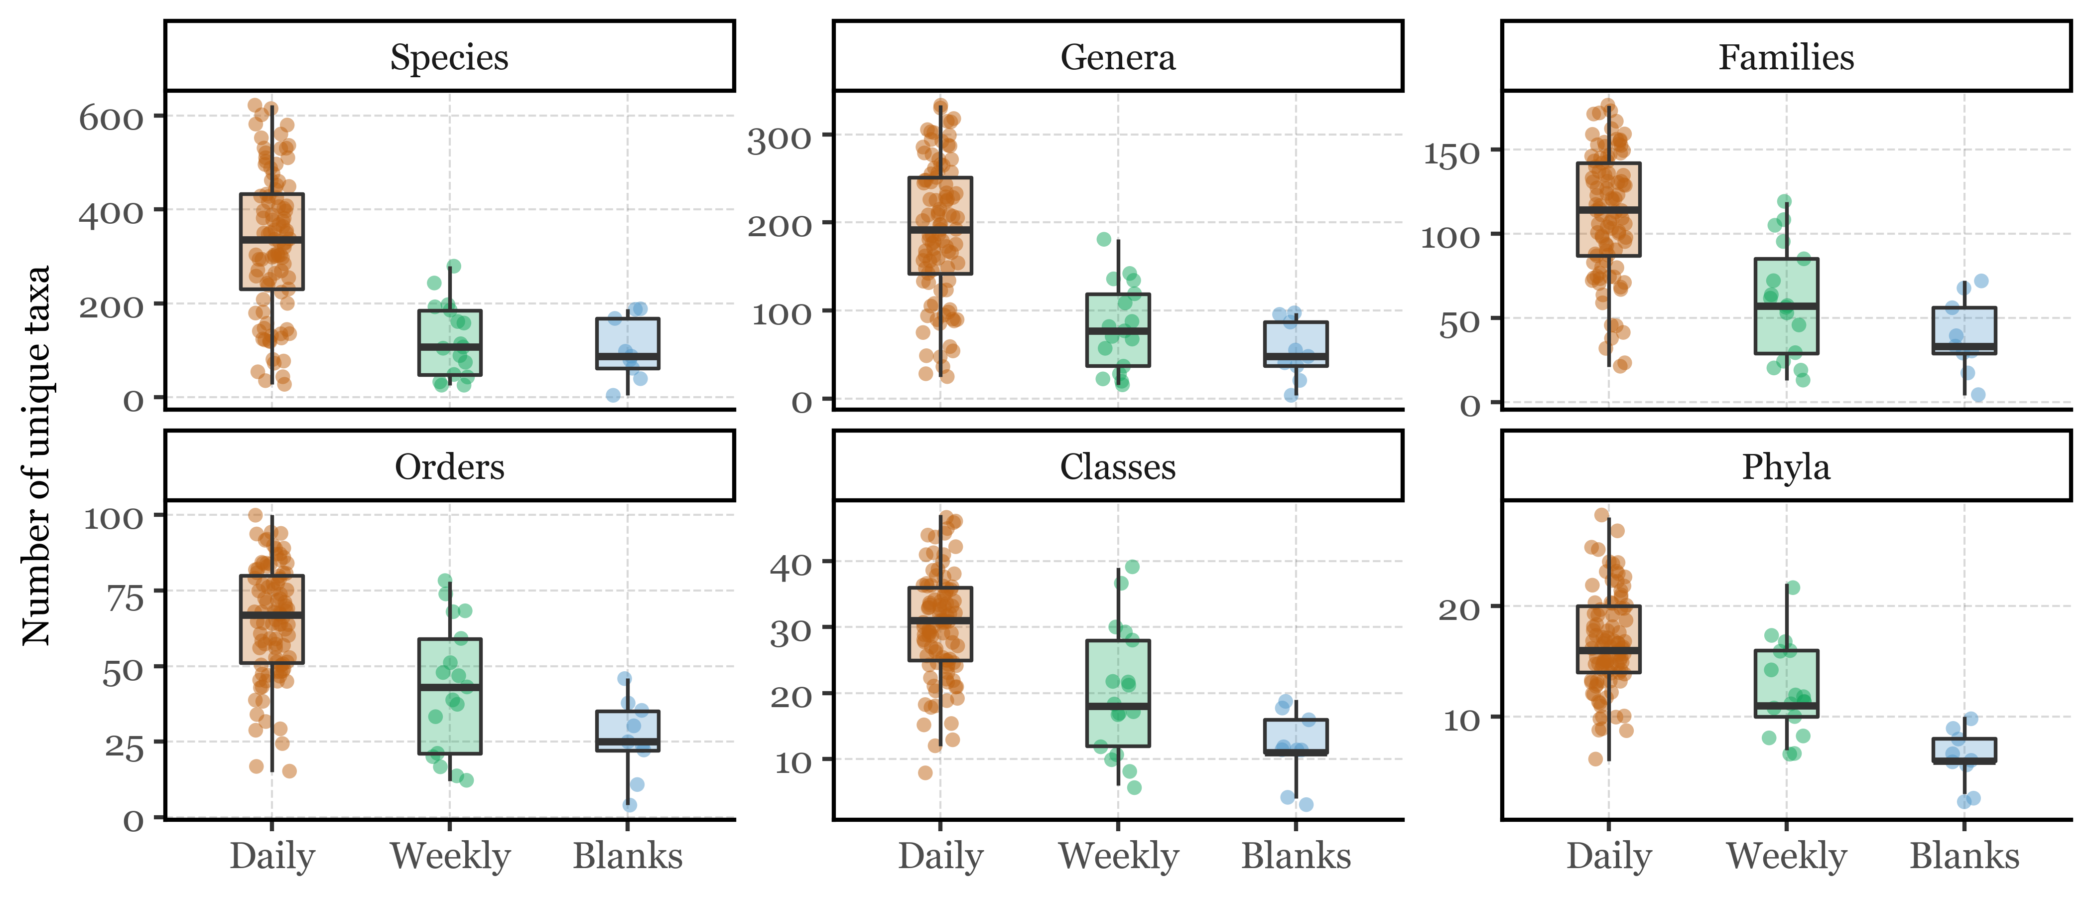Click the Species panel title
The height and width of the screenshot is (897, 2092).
[449, 57]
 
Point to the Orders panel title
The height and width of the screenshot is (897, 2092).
[449, 466]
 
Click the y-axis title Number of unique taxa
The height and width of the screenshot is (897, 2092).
[36, 455]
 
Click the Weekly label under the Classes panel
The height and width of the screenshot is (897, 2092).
[1118, 856]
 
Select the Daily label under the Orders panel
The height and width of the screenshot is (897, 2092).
[272, 856]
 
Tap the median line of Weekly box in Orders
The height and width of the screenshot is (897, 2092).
[450, 687]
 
